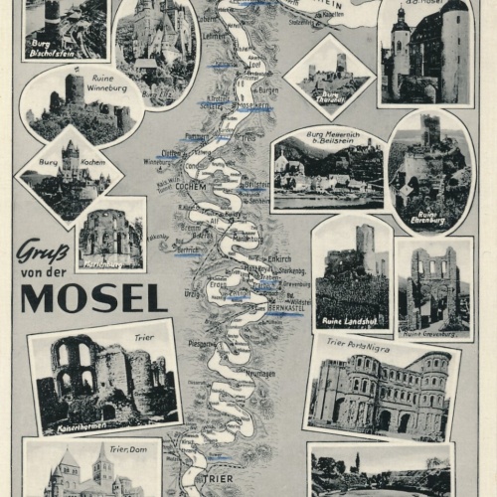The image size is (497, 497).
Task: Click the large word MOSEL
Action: click(x=93, y=297)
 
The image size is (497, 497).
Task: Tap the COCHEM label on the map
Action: click(x=190, y=185)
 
